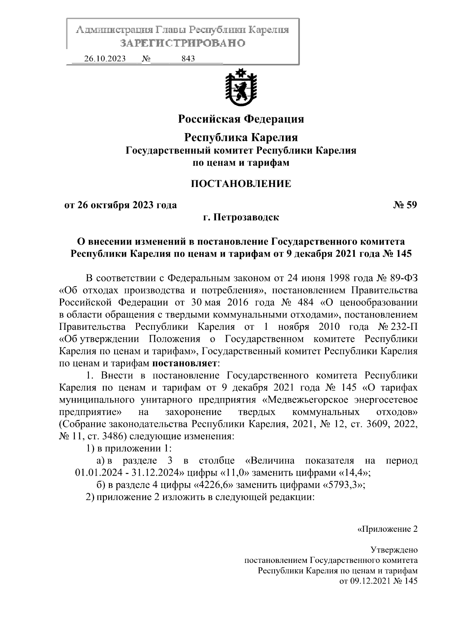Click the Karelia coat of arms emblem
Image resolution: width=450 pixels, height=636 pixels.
tap(241, 87)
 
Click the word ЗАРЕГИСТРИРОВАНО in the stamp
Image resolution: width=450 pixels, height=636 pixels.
tap(182, 43)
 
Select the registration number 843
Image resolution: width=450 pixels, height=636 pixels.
tap(188, 59)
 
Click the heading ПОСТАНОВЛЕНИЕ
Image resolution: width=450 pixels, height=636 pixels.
tap(241, 184)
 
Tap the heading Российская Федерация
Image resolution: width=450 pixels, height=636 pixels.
tap(241, 119)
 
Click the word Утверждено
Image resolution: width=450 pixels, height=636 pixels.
tap(394, 550)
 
